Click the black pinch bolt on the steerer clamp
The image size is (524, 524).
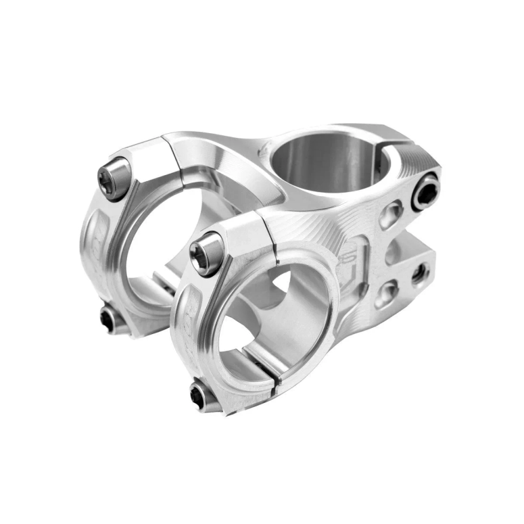coord(426,191)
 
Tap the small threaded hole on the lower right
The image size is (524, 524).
coord(420,272)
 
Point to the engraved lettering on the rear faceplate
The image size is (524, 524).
coord(91,233)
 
